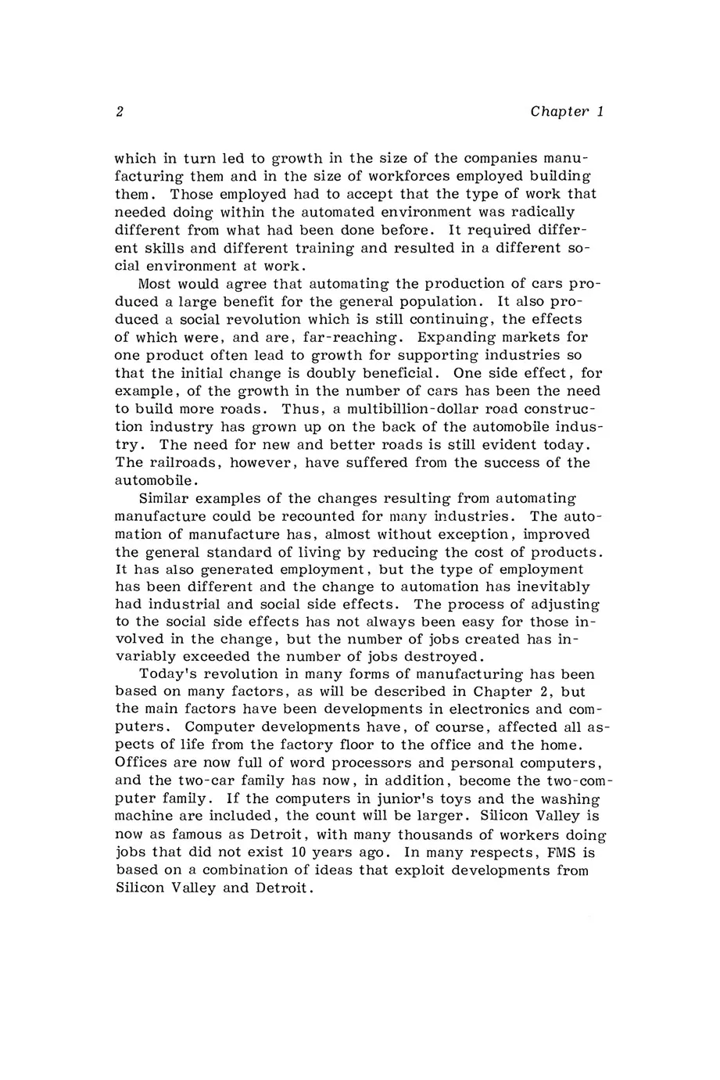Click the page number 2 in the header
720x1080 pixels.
click(120, 112)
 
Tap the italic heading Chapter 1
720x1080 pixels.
click(567, 112)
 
